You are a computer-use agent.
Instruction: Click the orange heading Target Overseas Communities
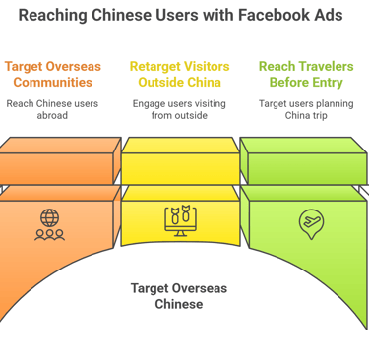coord(55,74)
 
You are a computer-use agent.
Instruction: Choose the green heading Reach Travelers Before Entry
coord(305,74)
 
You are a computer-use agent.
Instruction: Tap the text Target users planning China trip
coord(305,110)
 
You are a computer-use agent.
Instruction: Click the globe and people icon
coord(49,224)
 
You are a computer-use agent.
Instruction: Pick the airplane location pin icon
coord(310,223)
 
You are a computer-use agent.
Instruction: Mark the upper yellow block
coord(180,160)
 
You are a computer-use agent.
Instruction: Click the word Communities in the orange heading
coord(55,82)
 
